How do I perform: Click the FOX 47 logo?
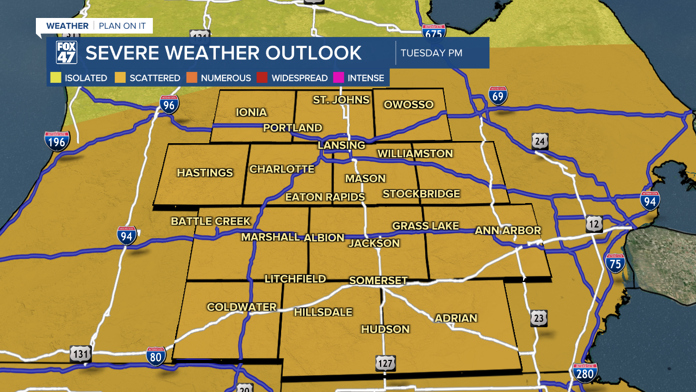click(x=66, y=53)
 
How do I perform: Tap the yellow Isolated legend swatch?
click(x=55, y=78)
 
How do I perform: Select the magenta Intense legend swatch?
click(x=338, y=78)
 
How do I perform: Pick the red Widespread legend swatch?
click(x=262, y=78)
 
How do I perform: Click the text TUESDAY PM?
click(x=431, y=53)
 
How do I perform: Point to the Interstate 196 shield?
click(x=57, y=140)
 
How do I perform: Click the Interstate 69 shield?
click(x=498, y=95)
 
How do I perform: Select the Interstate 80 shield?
click(x=156, y=357)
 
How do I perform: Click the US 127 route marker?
click(x=385, y=363)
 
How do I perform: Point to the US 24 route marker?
click(x=540, y=142)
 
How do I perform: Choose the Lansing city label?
click(x=341, y=145)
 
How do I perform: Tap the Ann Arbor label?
click(x=508, y=230)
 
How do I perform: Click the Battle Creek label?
click(x=210, y=221)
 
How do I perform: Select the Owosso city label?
click(x=408, y=105)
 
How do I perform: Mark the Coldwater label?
click(x=241, y=307)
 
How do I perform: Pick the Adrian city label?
click(x=456, y=318)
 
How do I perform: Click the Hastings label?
click(x=205, y=173)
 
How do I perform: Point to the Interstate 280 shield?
click(x=585, y=373)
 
